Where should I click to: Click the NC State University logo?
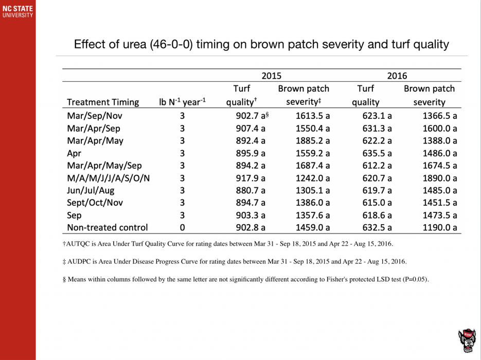click(x=17, y=11)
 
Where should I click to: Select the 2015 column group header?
click(x=271, y=76)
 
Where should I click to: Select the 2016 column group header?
click(x=397, y=76)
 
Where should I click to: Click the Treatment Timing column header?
click(x=103, y=102)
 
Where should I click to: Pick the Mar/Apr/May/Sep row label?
click(x=104, y=166)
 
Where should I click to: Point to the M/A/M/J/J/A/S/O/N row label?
click(x=109, y=178)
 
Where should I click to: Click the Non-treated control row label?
click(x=108, y=227)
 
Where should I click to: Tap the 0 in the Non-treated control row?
click(x=182, y=227)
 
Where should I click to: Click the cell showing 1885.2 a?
click(x=313, y=140)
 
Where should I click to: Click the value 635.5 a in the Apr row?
click(x=377, y=153)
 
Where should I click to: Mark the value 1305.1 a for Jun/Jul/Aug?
click(x=313, y=190)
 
